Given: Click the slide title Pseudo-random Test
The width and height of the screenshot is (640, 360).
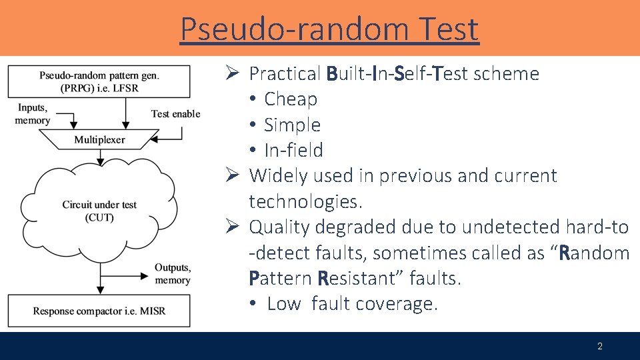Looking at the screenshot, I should (329, 29).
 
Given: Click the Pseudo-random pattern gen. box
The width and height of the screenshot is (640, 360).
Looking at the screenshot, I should (99, 82).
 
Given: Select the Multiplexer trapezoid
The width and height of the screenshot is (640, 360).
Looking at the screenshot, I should (99, 140).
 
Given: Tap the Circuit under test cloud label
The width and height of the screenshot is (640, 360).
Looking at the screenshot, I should (99, 211).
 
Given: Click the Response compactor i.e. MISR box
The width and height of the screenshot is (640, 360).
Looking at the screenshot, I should (99, 311).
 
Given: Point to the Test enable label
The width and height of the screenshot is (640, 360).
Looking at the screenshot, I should (175, 114).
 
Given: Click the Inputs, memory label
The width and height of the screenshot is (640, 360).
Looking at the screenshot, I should (33, 114).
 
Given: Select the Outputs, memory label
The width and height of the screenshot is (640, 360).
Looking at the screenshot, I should (172, 274).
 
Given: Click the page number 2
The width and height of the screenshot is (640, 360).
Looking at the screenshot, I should (599, 346).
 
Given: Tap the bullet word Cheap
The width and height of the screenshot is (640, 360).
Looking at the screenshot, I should (291, 99).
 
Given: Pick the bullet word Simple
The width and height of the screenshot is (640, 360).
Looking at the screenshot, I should (292, 125).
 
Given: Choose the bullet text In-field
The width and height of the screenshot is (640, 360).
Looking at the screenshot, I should (293, 151).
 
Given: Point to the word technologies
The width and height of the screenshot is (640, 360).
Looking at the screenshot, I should (302, 201).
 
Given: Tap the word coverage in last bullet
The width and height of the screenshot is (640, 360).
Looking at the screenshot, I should (397, 304).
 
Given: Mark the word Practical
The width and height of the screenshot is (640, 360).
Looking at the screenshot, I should (285, 74).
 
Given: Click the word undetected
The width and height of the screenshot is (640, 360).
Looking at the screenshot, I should (511, 227).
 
